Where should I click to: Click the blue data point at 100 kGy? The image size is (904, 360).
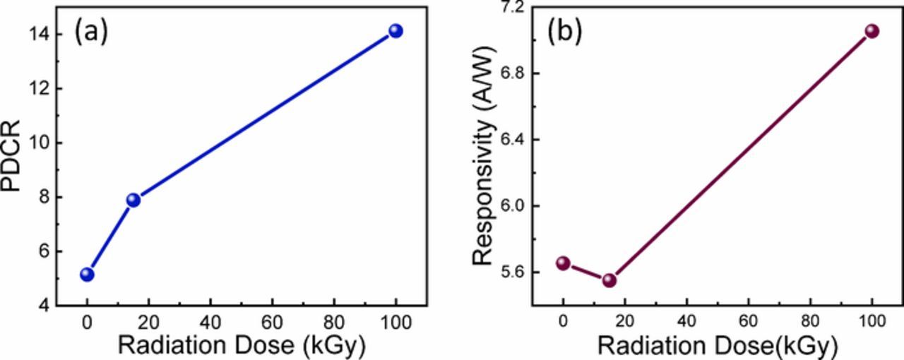(395, 31)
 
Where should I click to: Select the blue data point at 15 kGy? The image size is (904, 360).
(133, 200)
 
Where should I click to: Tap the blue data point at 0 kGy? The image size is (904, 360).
(87, 274)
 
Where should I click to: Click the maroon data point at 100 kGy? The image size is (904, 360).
(872, 31)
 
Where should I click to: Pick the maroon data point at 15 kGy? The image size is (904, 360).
(609, 280)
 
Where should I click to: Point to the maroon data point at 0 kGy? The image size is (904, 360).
(563, 263)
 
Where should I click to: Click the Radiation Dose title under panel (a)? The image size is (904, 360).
(241, 346)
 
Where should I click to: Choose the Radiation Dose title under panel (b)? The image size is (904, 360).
(717, 346)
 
